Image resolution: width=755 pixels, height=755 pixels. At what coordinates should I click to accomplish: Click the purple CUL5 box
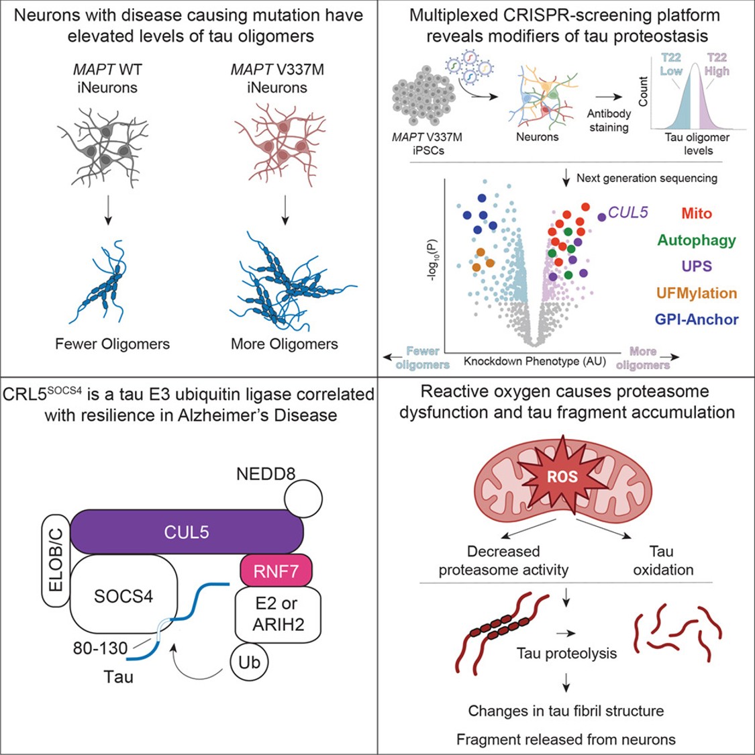tap(187, 532)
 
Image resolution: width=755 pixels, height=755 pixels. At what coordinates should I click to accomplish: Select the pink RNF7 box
tap(276, 571)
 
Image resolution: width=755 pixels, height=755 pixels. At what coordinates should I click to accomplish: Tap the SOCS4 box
tap(123, 595)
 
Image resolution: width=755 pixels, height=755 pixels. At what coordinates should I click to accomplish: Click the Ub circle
tap(249, 662)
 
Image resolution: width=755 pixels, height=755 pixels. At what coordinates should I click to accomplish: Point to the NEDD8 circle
tap(303, 498)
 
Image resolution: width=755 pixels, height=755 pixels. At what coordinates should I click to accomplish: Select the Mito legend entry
tap(696, 213)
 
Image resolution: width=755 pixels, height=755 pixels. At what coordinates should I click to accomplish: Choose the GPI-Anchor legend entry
tap(697, 319)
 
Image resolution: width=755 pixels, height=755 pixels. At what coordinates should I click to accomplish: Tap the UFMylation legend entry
tap(696, 293)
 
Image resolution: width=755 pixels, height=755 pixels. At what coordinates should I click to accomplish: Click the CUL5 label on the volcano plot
tap(628, 213)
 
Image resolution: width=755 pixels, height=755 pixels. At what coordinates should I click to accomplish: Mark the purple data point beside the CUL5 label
tap(602, 216)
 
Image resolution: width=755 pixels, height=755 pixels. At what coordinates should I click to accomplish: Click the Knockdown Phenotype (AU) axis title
tap(534, 362)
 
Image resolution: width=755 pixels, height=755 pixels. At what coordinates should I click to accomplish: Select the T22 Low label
tap(672, 64)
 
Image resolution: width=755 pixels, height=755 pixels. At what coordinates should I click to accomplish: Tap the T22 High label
tap(717, 64)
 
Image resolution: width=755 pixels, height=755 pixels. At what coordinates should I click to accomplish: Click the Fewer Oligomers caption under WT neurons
tap(112, 344)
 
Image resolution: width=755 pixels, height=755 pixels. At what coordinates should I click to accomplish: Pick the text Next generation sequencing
tap(647, 178)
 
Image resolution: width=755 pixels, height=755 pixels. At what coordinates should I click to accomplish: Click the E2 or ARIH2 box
tap(278, 614)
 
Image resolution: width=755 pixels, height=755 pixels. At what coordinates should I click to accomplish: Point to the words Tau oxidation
tap(662, 560)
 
